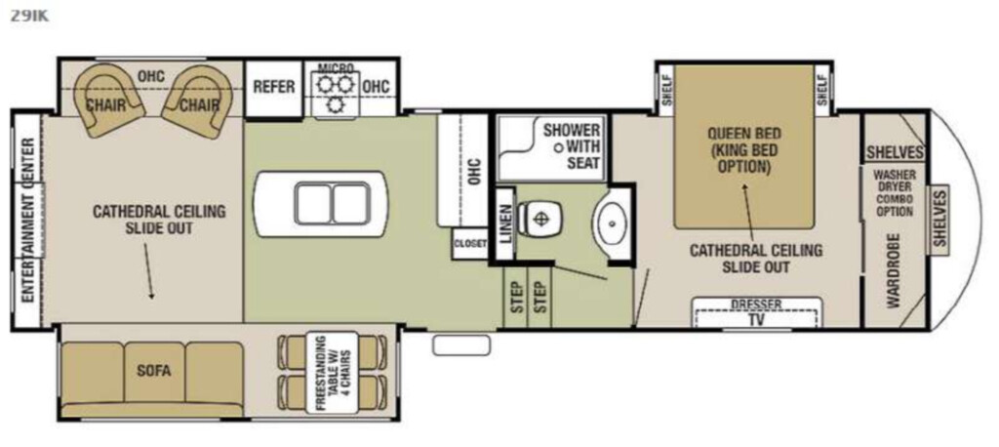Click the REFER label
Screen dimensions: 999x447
coord(274,86)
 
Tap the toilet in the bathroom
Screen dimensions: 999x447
coord(539,218)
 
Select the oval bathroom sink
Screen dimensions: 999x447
coord(611,223)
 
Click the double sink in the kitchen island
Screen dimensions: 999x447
coord(332,203)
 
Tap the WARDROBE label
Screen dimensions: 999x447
coord(894,271)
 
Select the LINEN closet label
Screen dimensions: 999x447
coord(505,223)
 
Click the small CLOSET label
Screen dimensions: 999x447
coord(470,244)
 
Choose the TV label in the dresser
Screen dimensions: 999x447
coord(756,319)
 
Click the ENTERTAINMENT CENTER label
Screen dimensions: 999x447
coord(28,220)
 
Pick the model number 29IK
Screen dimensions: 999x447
coord(29,16)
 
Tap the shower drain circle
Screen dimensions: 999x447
coord(559,147)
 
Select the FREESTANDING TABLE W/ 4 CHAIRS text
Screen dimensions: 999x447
coord(332,373)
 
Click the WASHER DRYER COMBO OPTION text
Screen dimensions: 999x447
coord(895,192)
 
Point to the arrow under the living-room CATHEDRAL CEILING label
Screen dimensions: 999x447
coord(148,271)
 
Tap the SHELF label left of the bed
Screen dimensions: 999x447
coord(665,91)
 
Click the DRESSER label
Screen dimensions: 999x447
coord(756,305)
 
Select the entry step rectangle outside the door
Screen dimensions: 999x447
coord(461,345)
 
